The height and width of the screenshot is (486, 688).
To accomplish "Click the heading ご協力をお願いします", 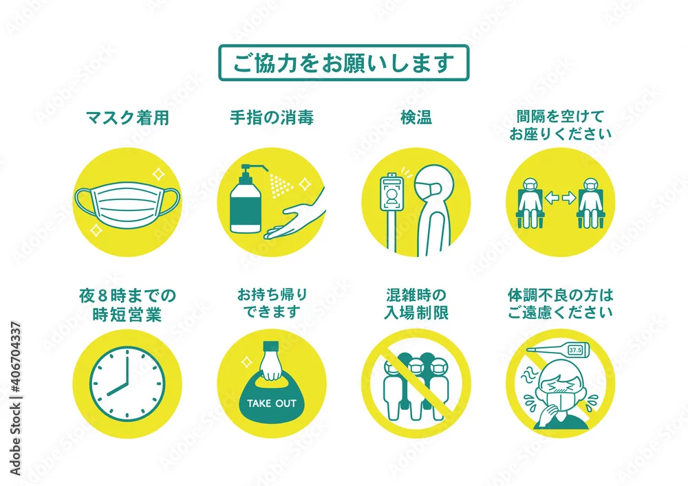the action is point(343,63).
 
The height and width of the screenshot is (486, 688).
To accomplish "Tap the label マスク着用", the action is point(127,118).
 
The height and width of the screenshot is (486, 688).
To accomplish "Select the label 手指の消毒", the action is point(272,118).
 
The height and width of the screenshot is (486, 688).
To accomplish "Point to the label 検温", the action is point(416,118).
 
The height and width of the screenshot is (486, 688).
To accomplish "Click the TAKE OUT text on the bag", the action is point(272,404).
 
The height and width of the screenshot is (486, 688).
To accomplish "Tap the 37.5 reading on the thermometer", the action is point(574,350).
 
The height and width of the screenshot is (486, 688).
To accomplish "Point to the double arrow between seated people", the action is point(560,198).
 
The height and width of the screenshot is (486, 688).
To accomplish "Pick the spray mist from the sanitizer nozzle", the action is point(281,186).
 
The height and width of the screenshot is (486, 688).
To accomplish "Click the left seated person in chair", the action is point(530,203).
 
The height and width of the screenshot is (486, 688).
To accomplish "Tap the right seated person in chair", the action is point(590,203).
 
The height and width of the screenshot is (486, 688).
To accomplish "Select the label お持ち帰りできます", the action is point(272,303).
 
